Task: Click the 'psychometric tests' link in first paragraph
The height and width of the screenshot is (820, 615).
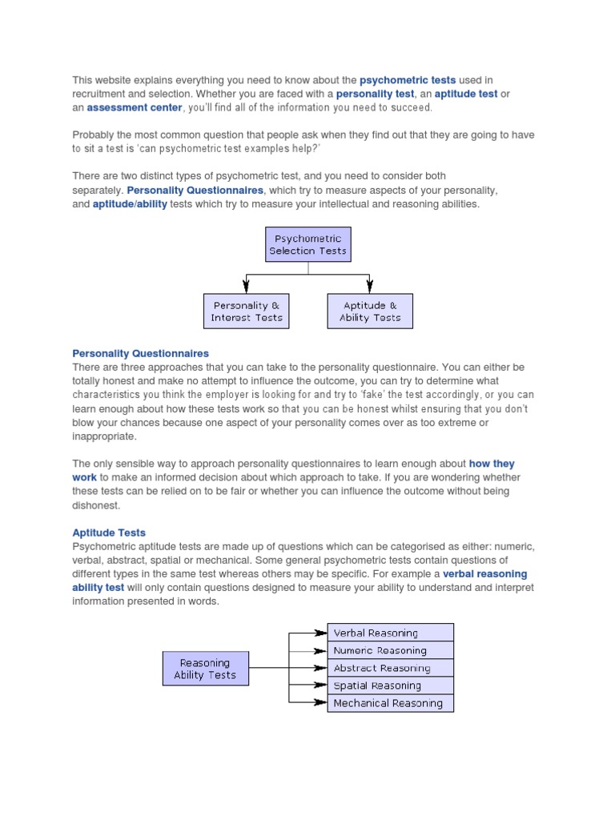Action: [408, 80]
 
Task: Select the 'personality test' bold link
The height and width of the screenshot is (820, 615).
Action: [375, 94]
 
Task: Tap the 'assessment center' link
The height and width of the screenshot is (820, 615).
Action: [135, 107]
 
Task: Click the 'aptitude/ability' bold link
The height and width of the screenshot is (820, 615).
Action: [131, 204]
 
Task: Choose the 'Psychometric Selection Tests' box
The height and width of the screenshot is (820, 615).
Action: [308, 244]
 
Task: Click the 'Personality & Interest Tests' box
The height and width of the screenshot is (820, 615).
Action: [247, 312]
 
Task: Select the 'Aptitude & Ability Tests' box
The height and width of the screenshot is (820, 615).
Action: [370, 312]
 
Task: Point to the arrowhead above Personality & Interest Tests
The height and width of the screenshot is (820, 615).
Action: [247, 285]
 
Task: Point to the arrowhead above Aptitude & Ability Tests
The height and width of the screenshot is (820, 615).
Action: [370, 285]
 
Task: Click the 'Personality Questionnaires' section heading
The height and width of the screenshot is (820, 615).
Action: [140, 353]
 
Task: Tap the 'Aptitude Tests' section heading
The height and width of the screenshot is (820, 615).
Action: [109, 533]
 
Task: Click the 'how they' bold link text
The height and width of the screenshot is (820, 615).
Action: [492, 464]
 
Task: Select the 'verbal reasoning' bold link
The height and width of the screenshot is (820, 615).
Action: [484, 574]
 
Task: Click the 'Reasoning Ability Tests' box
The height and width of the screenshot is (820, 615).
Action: [205, 669]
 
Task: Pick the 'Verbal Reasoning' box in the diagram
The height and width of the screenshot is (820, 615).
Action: [391, 633]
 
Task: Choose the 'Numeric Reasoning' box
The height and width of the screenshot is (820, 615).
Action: [391, 651]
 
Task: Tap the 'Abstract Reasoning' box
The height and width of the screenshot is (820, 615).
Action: [391, 668]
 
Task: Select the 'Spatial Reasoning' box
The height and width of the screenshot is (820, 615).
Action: [391, 685]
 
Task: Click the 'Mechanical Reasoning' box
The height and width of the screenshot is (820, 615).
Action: [391, 703]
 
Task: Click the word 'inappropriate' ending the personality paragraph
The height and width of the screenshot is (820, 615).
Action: [104, 436]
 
